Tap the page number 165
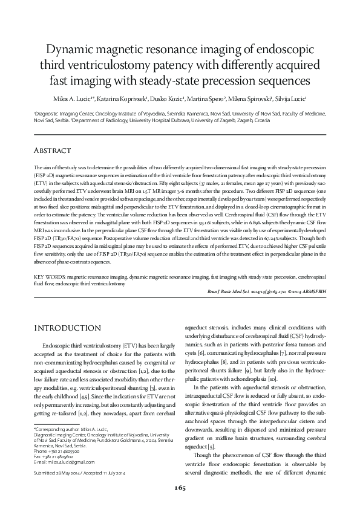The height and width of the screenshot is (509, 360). click(x=180, y=488)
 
